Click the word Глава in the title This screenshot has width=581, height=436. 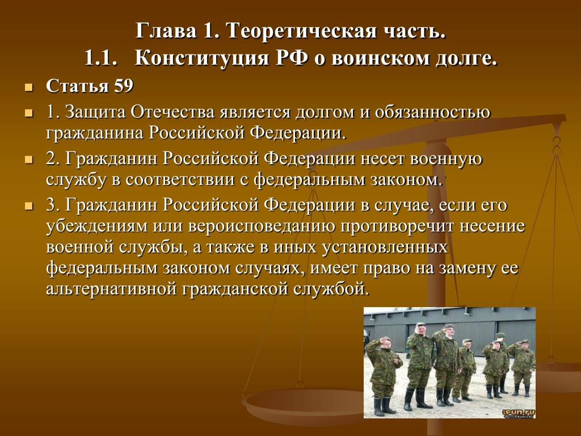(x=166, y=31)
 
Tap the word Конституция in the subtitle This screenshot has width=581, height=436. (x=201, y=58)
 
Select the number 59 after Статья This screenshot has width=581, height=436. (x=123, y=86)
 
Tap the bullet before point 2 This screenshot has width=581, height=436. (x=29, y=160)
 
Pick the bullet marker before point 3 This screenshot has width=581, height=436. (x=29, y=207)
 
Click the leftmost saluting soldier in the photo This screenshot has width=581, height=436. (x=382, y=375)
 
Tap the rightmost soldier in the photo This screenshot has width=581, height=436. (x=523, y=367)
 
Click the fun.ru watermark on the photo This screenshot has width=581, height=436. (x=519, y=413)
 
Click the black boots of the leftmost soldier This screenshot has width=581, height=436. (x=382, y=406)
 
